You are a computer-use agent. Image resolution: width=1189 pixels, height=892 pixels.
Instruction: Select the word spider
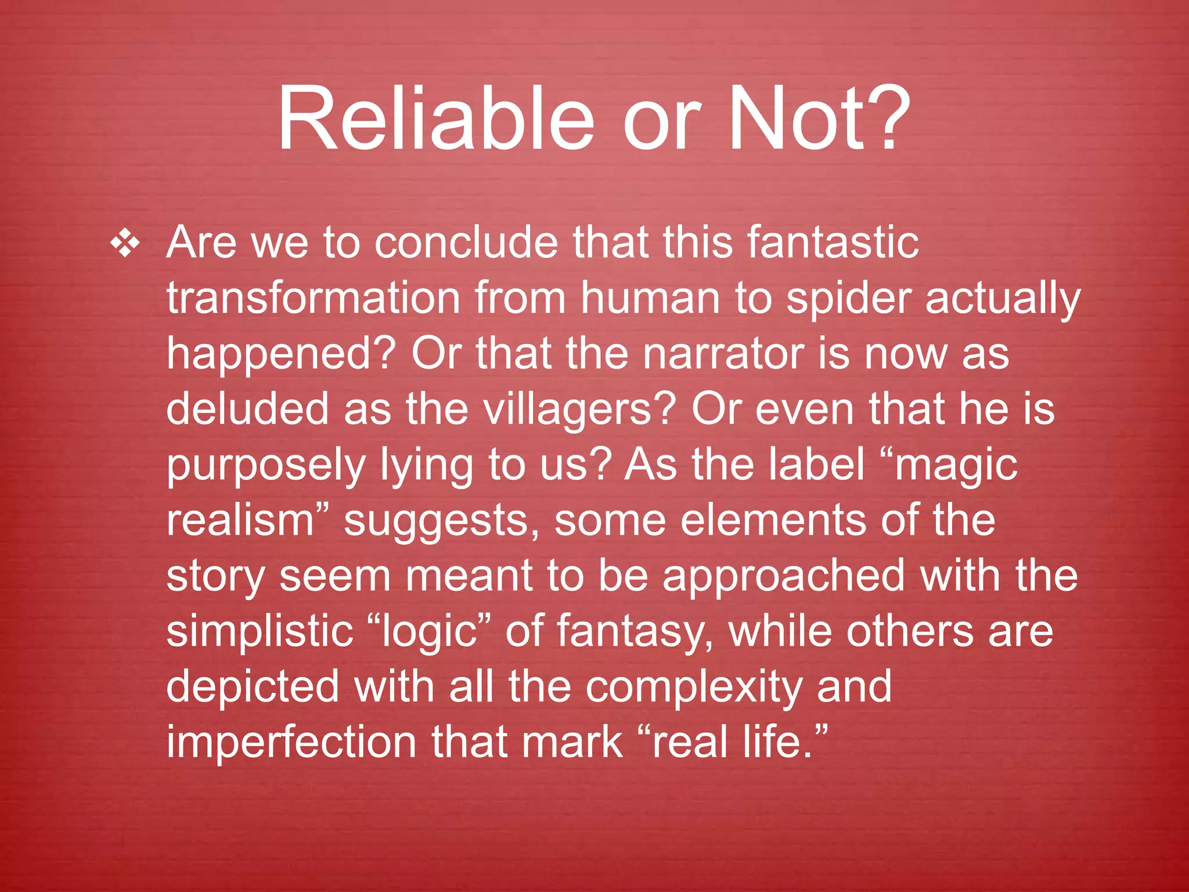pyautogui.click(x=848, y=299)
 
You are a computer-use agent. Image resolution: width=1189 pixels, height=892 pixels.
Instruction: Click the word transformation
pyautogui.click(x=314, y=298)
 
